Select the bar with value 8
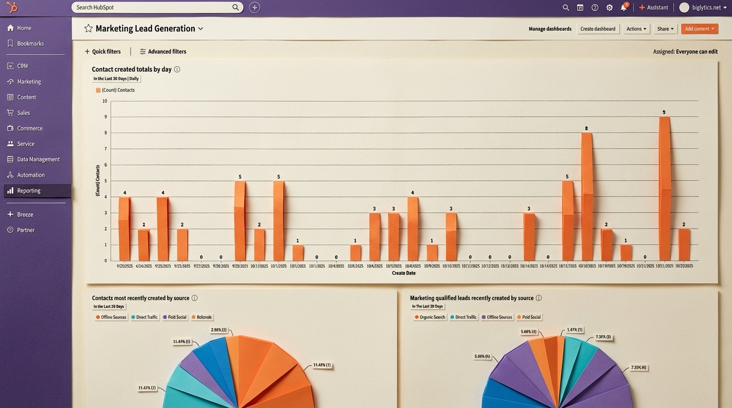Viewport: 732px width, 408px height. tap(587, 197)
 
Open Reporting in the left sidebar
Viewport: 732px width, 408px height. tap(29, 191)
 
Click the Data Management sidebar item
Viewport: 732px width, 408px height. tap(38, 159)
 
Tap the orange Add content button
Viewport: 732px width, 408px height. tap(700, 29)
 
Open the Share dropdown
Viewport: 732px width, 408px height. tap(665, 29)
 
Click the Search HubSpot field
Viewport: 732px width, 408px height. tap(154, 7)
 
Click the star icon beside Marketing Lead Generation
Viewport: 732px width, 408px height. tap(88, 29)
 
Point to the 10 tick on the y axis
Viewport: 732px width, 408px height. tap(105, 101)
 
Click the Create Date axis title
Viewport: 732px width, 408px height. tap(404, 273)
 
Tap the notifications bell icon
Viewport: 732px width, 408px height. tap(623, 7)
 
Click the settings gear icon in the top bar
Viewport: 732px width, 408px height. tap(610, 7)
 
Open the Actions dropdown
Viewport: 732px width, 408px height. tap(636, 29)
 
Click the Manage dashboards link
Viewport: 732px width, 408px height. tap(550, 29)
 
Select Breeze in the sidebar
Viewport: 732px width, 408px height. tap(25, 215)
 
